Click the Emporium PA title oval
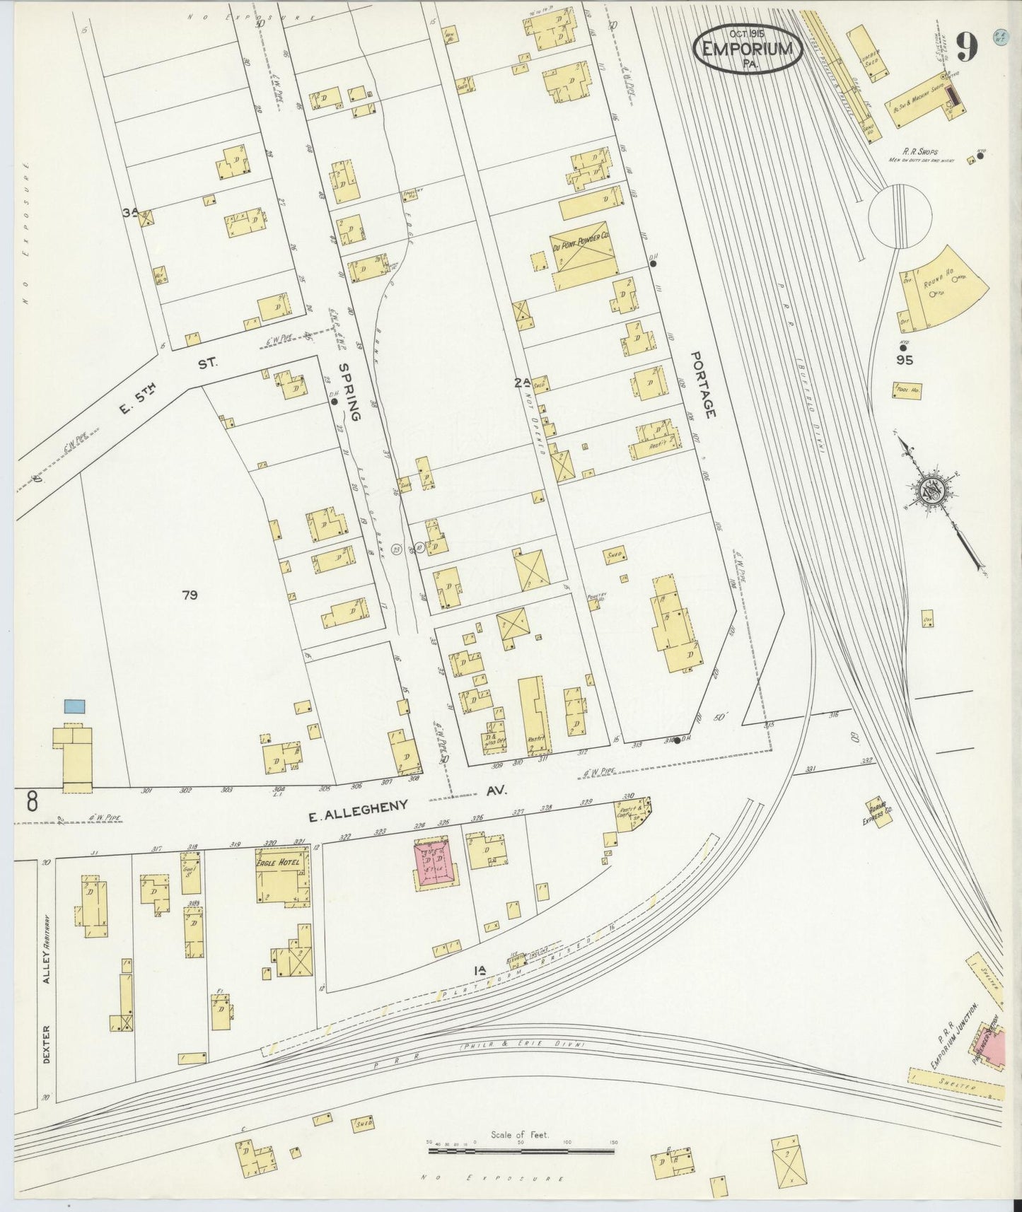[748, 49]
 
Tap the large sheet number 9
[967, 48]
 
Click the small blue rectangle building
[74, 705]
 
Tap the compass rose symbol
[929, 490]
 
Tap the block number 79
[189, 595]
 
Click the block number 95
[905, 360]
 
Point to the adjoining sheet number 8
[32, 802]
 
